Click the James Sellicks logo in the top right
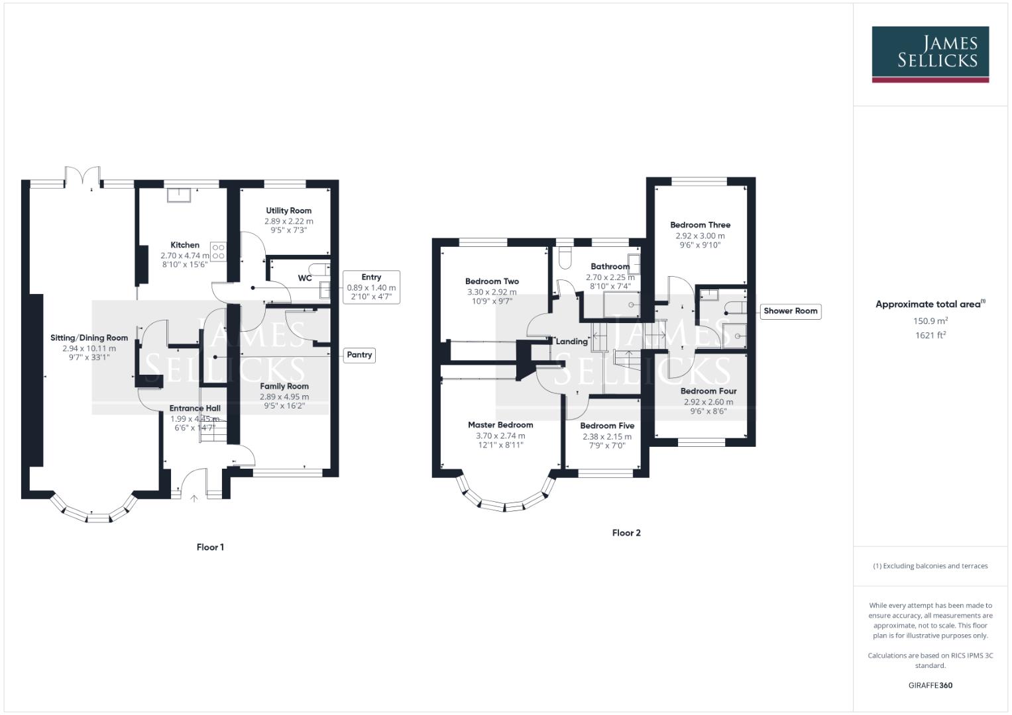point(930,54)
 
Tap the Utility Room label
point(288,211)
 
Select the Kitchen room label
point(185,245)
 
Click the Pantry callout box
point(359,355)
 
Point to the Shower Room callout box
point(790,311)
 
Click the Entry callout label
point(371,277)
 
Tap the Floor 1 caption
point(210,548)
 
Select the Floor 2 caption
point(626,533)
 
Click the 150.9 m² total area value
point(930,321)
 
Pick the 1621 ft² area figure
point(930,335)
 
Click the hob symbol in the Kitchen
point(218,252)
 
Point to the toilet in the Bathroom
point(565,258)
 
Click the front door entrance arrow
point(194,498)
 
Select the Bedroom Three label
point(700,225)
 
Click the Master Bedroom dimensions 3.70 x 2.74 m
point(500,436)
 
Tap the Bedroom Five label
point(607,426)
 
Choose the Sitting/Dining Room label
point(89,338)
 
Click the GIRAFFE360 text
point(930,685)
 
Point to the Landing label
point(571,342)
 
